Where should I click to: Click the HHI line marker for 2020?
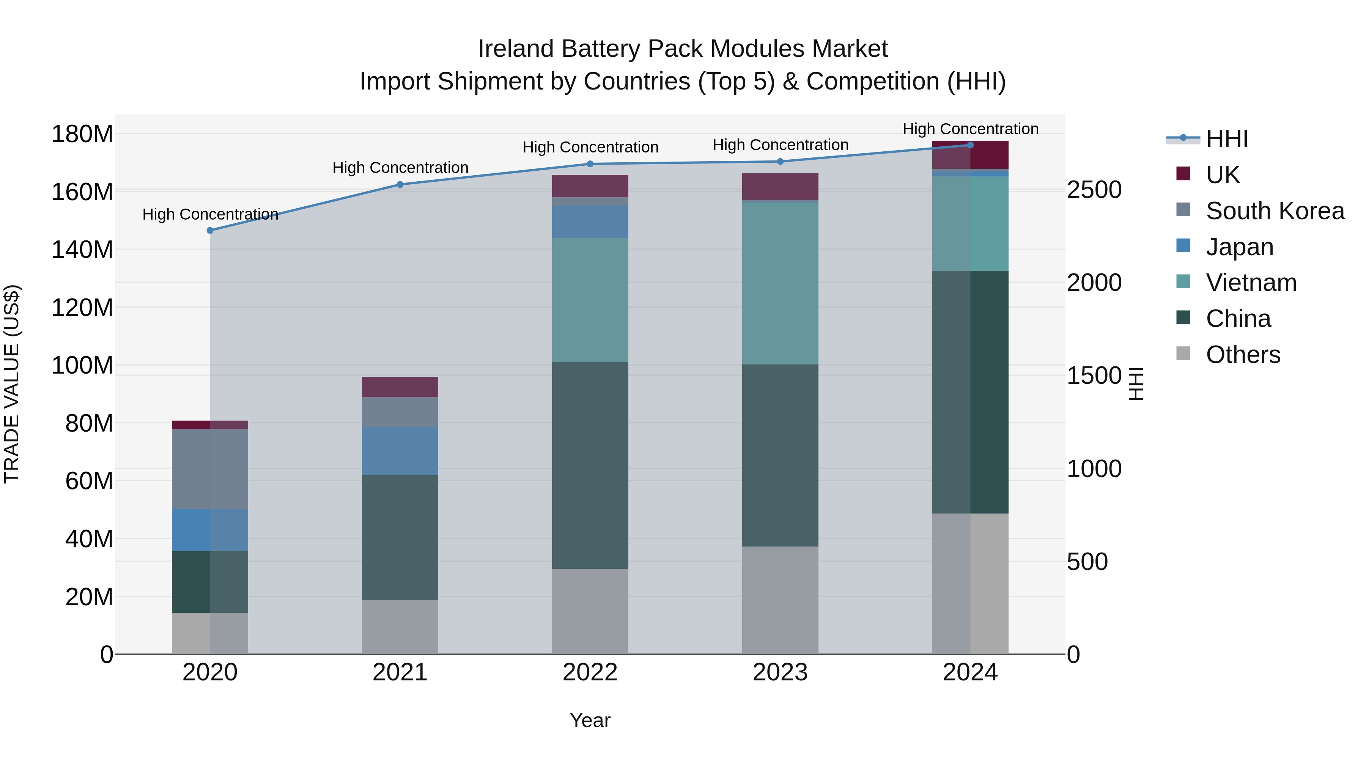click(x=210, y=231)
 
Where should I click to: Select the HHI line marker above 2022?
click(x=590, y=164)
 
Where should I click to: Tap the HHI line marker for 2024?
click(x=970, y=145)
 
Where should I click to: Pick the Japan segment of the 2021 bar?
click(x=400, y=451)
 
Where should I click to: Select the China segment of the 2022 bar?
click(x=590, y=465)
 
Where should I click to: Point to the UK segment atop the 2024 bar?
click(x=970, y=155)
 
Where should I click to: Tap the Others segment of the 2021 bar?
click(x=400, y=627)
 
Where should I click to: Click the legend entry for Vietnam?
click(x=1251, y=283)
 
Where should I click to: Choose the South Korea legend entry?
click(x=1275, y=210)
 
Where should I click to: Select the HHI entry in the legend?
click(x=1226, y=139)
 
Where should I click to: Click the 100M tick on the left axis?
click(x=82, y=365)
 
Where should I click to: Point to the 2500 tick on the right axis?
click(x=1094, y=190)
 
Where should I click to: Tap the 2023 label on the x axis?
click(x=780, y=672)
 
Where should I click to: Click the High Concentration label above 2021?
click(x=400, y=168)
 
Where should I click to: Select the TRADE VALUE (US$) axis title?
click(x=12, y=384)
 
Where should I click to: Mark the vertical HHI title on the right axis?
click(x=1135, y=384)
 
